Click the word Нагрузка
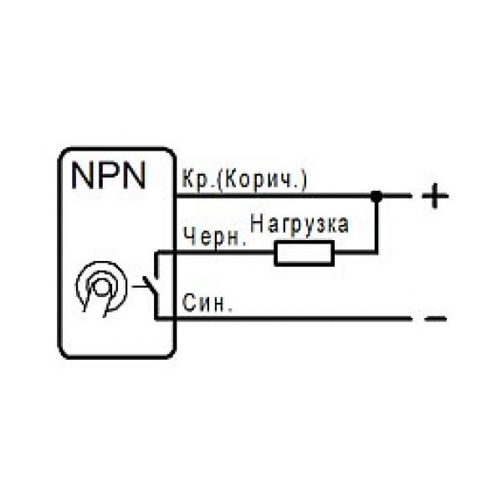[298, 224]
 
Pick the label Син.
[205, 303]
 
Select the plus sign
[434, 197]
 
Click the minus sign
[435, 319]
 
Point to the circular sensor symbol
[100, 289]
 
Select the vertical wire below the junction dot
[376, 226]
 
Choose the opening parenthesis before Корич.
[219, 180]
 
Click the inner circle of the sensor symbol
[100, 287]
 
